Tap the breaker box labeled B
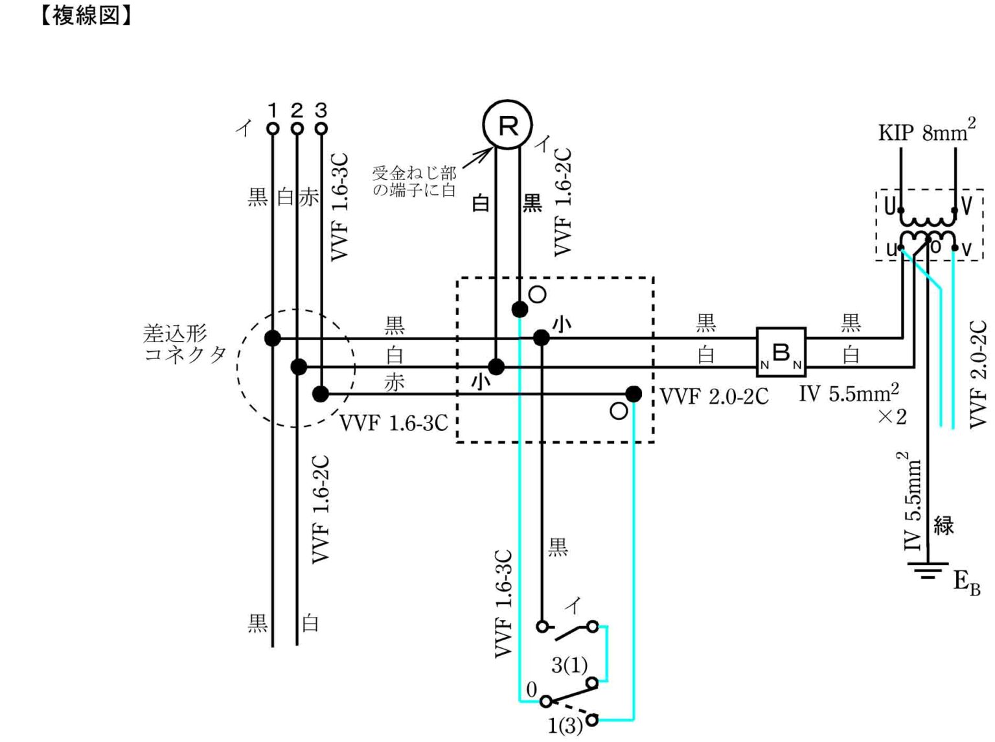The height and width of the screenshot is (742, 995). pyautogui.click(x=781, y=352)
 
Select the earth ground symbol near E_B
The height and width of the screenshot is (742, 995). pyautogui.click(x=928, y=570)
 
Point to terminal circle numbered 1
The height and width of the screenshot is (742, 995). pyautogui.click(x=273, y=129)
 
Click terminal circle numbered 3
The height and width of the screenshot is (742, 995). pyautogui.click(x=321, y=129)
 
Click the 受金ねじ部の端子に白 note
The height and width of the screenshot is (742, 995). pyautogui.click(x=414, y=181)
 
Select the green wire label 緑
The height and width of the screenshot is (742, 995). pyautogui.click(x=944, y=526)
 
